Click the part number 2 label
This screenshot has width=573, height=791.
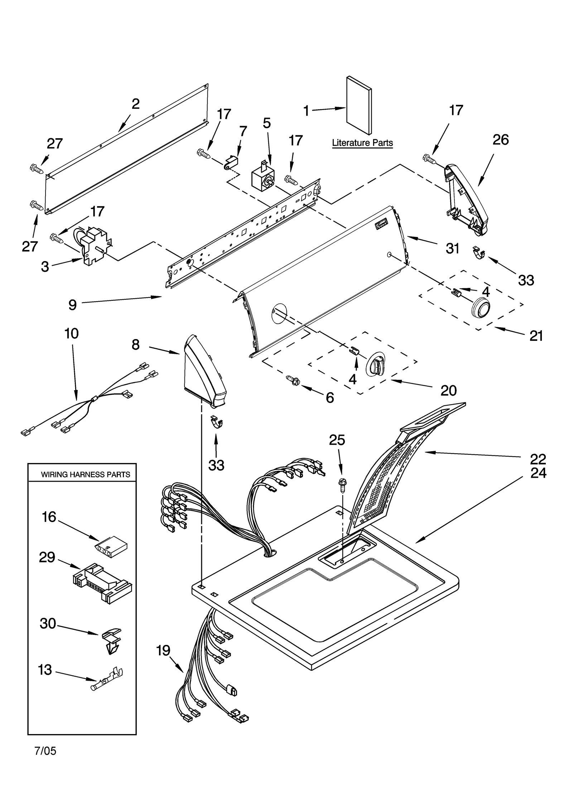(x=135, y=104)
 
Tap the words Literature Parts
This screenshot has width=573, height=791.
(x=362, y=143)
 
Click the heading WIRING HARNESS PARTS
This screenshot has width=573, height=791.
(x=85, y=474)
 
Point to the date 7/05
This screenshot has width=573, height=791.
(x=45, y=748)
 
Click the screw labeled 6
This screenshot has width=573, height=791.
(x=293, y=381)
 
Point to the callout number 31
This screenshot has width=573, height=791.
(x=452, y=248)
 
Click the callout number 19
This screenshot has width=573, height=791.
(x=163, y=651)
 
